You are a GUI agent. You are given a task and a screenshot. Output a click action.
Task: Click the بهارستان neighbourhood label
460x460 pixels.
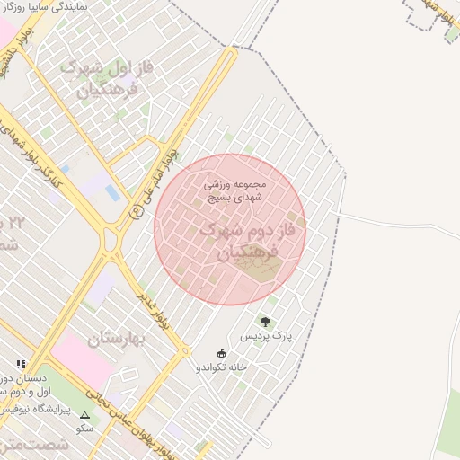tap(118, 339)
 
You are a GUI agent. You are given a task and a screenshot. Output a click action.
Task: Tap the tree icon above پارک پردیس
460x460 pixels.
tap(265, 321)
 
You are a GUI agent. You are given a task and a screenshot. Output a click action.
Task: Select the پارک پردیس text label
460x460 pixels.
tap(267, 335)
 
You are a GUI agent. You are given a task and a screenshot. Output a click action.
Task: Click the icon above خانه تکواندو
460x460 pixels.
tap(222, 353)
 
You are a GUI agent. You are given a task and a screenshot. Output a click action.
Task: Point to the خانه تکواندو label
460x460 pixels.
tap(222, 367)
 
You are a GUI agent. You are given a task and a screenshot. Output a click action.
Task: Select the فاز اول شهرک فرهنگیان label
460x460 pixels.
tap(101, 79)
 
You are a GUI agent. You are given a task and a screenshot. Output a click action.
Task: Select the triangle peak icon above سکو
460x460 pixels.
tap(85, 415)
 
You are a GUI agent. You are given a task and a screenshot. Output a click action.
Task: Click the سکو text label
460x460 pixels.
tap(85, 429)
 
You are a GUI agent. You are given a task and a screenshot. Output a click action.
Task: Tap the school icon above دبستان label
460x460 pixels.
tap(20, 364)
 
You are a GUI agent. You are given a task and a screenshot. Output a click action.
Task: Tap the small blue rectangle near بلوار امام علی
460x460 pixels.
tap(111, 192)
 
